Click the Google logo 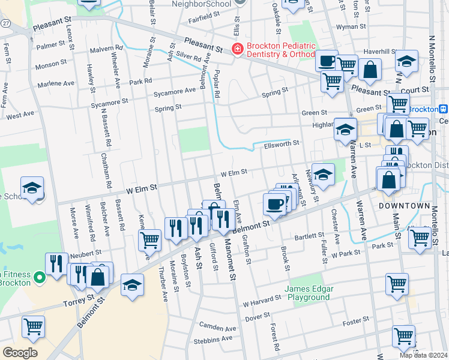point(19,353)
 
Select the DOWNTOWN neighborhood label point(405,206)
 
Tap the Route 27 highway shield point(5,22)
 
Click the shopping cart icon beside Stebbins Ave point(403,337)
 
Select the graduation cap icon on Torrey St point(132,285)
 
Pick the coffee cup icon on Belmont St point(274,203)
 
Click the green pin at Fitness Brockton point(39,278)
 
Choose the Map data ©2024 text point(423,355)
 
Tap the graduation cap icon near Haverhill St point(406,62)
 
